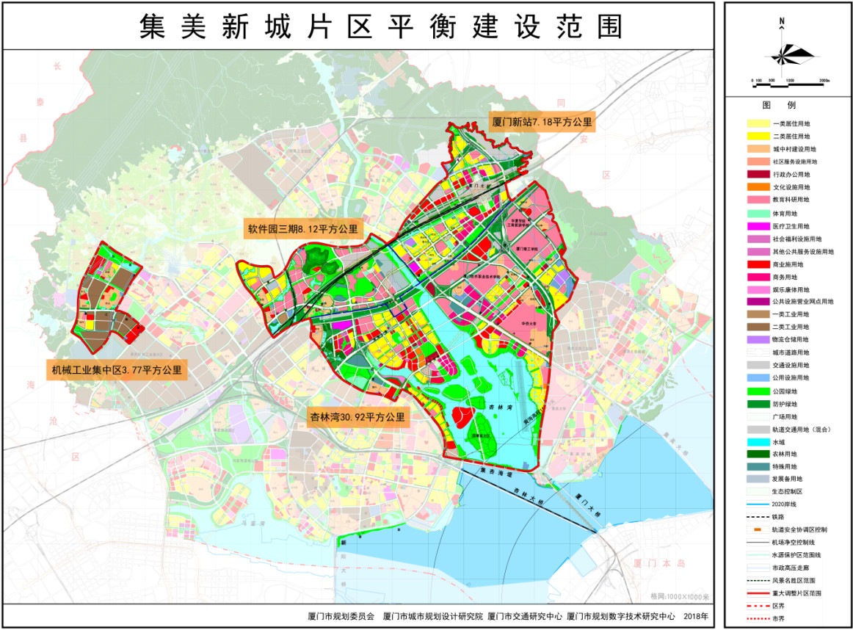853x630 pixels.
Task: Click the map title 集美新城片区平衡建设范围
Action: click(380, 26)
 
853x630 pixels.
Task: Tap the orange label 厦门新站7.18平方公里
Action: click(542, 122)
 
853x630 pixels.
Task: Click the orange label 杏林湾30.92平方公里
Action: click(356, 417)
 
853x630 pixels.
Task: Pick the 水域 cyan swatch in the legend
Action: click(758, 442)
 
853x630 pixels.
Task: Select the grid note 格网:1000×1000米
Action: click(680, 596)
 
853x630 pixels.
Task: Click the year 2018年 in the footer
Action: click(697, 616)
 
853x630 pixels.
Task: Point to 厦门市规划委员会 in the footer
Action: click(341, 616)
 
